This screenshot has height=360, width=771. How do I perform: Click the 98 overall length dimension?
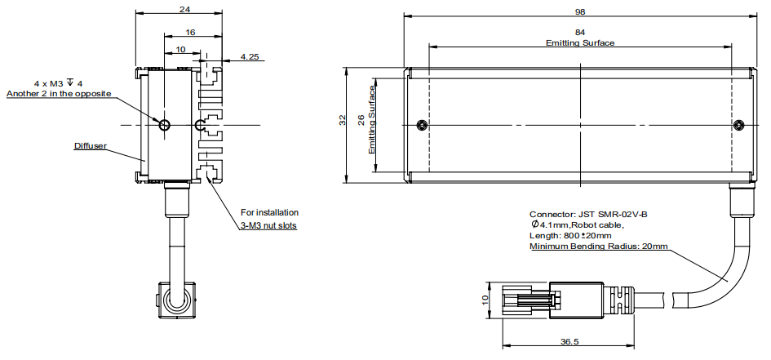pyautogui.click(x=580, y=11)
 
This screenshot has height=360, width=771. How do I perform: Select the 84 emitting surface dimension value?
pyautogui.click(x=580, y=33)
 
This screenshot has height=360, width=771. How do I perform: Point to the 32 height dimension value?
pyautogui.click(x=343, y=121)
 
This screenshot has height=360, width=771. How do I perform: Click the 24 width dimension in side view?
pyautogui.click(x=184, y=10)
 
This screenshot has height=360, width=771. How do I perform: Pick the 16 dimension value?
pyautogui.click(x=190, y=32)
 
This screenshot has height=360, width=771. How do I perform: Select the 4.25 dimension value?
pyautogui.click(x=250, y=57)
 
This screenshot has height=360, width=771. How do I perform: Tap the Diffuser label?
pyautogui.click(x=91, y=146)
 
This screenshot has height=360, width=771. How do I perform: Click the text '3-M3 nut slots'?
pyautogui.click(x=268, y=224)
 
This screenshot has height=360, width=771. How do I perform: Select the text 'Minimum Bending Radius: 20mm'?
pyautogui.click(x=599, y=246)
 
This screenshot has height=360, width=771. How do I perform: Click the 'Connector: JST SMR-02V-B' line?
pyautogui.click(x=588, y=214)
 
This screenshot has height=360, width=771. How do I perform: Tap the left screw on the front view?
pyautogui.click(x=420, y=125)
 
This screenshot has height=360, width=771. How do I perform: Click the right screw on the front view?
pyautogui.click(x=738, y=125)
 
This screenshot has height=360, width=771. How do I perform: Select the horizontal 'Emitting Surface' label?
pyautogui.click(x=580, y=42)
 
